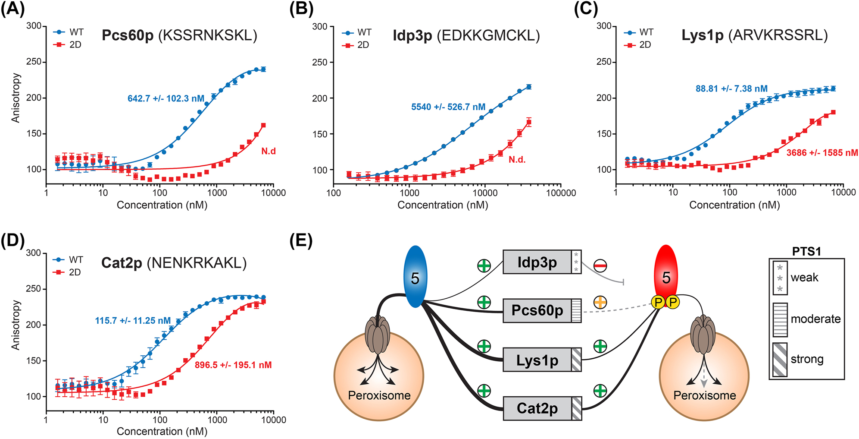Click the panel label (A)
pyautogui.click(x=12, y=8)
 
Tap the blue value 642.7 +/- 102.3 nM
pyautogui.click(x=166, y=98)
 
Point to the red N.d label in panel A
pyautogui.click(x=268, y=151)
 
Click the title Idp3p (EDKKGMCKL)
pyautogui.click(x=466, y=35)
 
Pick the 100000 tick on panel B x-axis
pyautogui.click(x=561, y=193)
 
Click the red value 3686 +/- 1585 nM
pyautogui.click(x=822, y=153)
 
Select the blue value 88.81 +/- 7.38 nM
pyautogui.click(x=731, y=88)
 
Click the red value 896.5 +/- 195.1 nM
pyautogui.click(x=233, y=365)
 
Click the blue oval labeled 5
pyautogui.click(x=415, y=277)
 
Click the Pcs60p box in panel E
pyautogui.click(x=537, y=310)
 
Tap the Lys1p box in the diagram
pyautogui.click(x=537, y=360)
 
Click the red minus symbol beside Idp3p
pyautogui.click(x=600, y=266)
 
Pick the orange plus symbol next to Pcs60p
pyautogui.click(x=600, y=303)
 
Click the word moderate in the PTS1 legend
pyautogui.click(x=815, y=319)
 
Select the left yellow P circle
pyautogui.click(x=658, y=302)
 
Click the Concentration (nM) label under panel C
pyautogui.click(x=734, y=205)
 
